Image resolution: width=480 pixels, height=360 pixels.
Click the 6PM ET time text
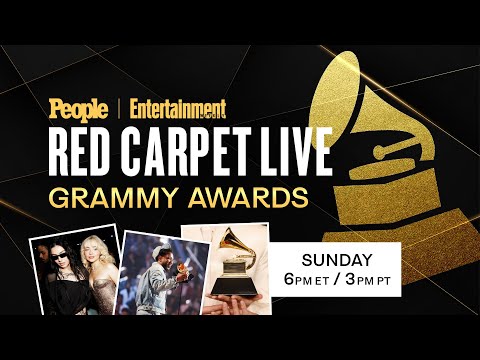point(309,277)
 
